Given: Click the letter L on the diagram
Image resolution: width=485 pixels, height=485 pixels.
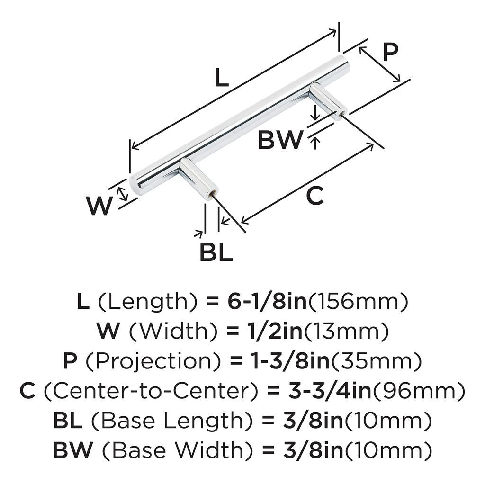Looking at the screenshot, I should click(221, 78).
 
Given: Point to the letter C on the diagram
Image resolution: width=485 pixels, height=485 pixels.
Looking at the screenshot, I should click(314, 196).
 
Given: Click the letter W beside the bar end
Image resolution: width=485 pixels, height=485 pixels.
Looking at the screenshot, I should click(99, 206).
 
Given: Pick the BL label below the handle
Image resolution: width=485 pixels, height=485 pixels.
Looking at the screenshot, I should click(216, 252).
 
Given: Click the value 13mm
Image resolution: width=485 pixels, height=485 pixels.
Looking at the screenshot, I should click(346, 332).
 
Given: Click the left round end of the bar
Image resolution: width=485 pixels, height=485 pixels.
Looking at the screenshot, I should click(136, 186).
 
